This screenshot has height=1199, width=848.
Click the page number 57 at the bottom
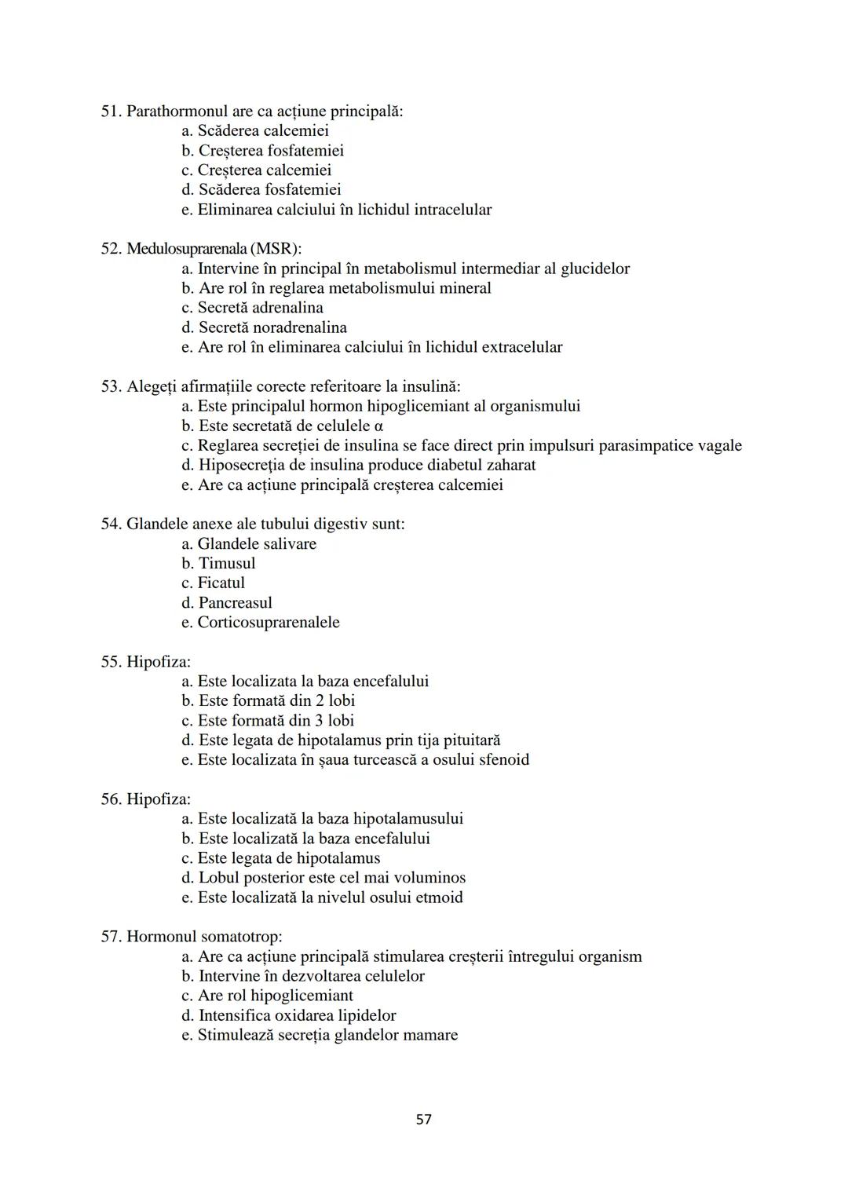point(423,1119)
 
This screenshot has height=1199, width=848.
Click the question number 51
point(111,111)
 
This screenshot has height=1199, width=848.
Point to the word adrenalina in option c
point(287,308)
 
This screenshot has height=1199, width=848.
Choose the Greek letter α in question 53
point(378,426)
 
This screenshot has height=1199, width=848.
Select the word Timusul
point(227,563)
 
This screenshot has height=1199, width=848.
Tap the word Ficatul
point(221,583)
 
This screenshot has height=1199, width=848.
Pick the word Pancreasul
point(235,603)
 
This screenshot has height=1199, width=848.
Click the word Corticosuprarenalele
point(269,623)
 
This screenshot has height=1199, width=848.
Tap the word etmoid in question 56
point(439,897)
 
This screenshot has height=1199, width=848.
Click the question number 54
point(111,524)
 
